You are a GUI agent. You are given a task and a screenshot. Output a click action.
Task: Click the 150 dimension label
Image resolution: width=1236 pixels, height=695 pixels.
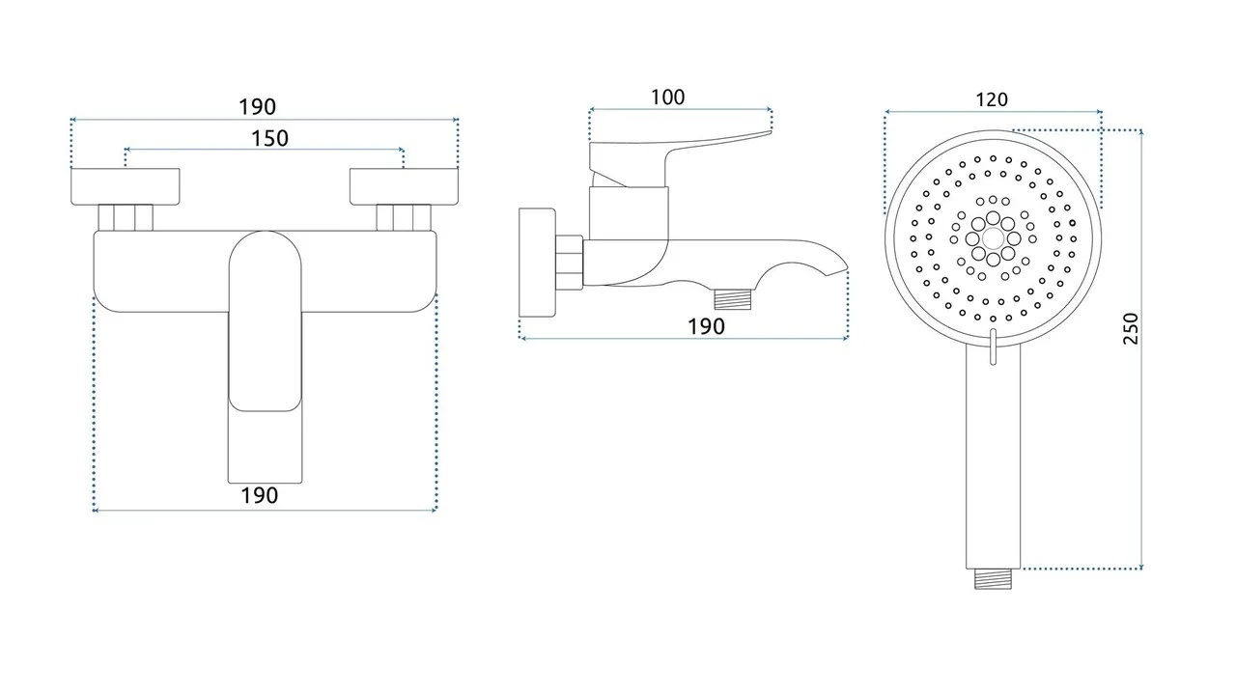tap(269, 138)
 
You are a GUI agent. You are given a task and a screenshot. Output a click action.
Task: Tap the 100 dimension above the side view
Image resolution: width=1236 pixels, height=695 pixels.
tap(667, 97)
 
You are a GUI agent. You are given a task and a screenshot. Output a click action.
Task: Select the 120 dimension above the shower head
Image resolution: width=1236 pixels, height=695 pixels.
tap(992, 99)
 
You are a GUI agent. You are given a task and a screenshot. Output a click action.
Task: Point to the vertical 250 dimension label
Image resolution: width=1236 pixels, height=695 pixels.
tap(1131, 328)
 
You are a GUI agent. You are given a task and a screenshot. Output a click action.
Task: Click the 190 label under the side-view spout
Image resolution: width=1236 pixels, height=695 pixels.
tap(706, 326)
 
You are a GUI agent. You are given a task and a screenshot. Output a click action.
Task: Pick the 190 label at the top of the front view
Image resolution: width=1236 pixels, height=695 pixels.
tap(257, 107)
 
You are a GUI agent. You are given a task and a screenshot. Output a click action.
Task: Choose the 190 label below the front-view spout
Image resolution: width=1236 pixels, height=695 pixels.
tap(259, 495)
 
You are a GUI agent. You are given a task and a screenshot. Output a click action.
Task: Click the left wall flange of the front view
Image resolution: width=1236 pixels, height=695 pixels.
tap(126, 186)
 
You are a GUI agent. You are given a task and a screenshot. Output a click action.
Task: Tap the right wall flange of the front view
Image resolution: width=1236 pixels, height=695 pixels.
tap(404, 186)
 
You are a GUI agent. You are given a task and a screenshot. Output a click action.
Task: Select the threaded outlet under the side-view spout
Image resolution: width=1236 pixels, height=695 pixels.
tap(733, 298)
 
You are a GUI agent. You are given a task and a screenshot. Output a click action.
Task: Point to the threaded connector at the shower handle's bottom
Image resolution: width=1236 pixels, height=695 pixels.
tap(993, 579)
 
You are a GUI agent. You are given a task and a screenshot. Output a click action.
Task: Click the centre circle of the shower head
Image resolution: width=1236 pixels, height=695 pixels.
tap(994, 238)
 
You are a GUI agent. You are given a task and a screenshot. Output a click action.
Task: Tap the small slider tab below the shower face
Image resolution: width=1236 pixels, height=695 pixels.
tap(994, 347)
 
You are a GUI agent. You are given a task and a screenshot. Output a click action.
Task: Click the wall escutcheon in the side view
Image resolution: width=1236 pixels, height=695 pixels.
tap(537, 263)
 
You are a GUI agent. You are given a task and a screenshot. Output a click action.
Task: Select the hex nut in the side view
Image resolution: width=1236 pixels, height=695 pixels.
tap(569, 263)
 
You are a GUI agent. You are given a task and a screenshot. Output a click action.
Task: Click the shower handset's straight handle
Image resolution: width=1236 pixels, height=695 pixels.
tap(994, 458)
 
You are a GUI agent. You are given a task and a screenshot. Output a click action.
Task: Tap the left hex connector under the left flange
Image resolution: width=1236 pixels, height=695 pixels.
tap(126, 218)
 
